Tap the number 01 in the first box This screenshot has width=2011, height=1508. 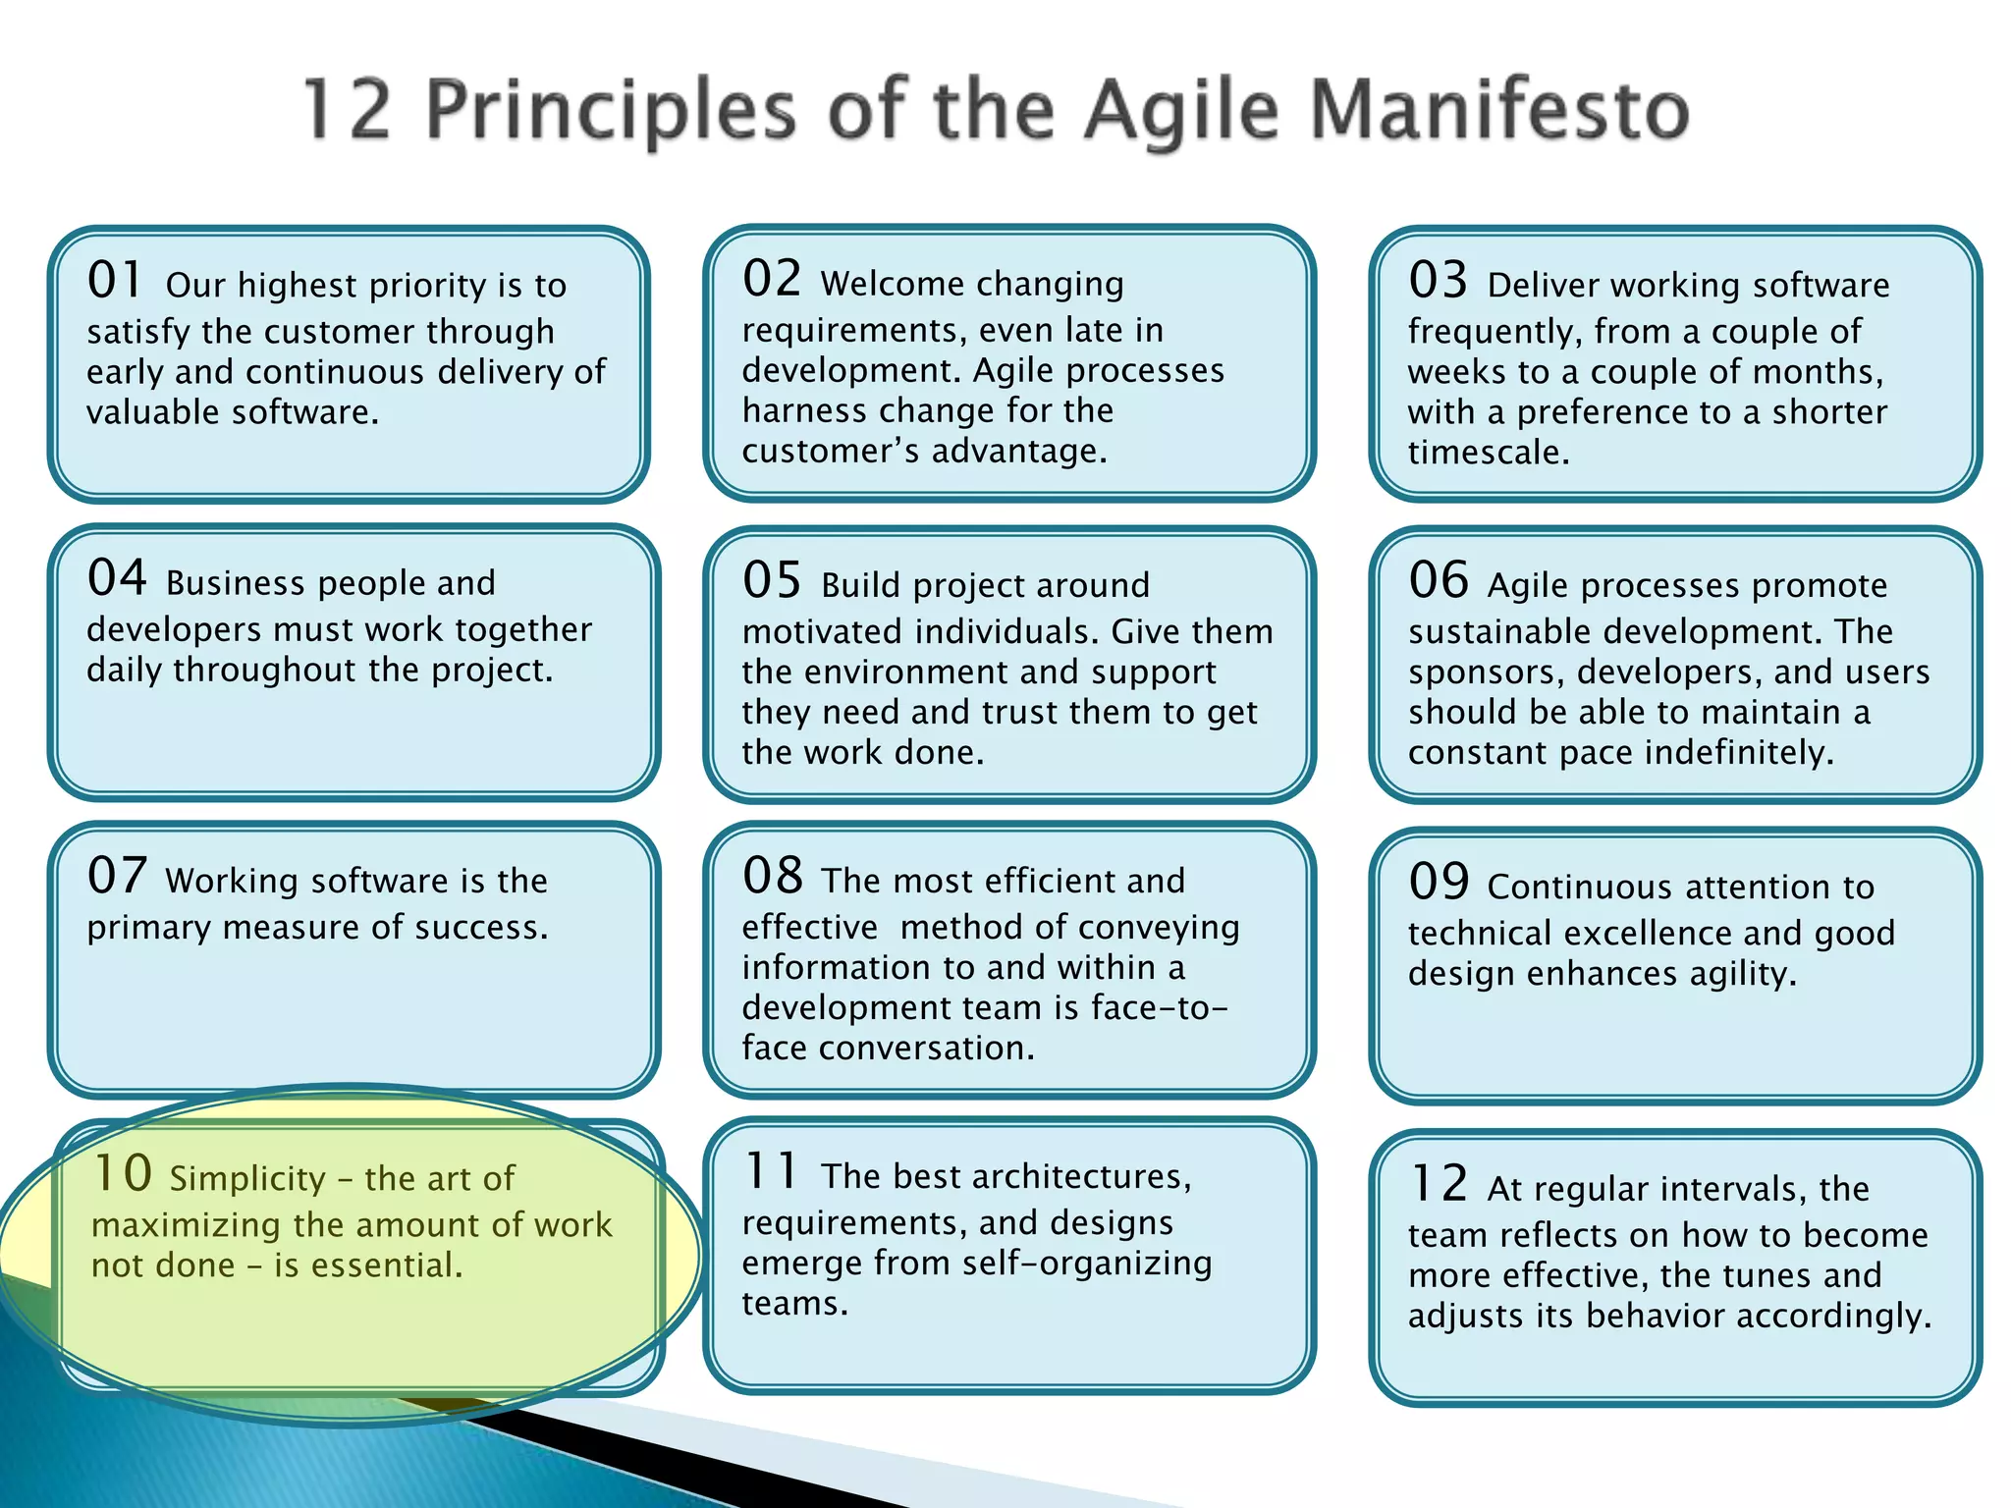click(116, 281)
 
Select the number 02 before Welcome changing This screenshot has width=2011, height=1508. click(772, 279)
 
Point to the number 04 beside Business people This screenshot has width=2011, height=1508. click(117, 578)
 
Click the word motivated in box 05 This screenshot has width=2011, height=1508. click(822, 631)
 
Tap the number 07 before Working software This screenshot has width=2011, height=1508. click(117, 876)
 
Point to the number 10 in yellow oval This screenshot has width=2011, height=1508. click(123, 1174)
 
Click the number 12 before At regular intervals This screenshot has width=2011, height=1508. click(1439, 1184)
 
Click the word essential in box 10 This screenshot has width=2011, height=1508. click(386, 1266)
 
